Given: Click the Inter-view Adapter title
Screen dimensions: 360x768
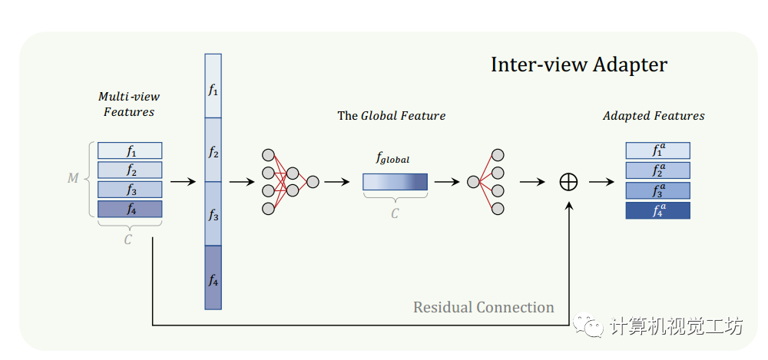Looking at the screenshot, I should [578, 64].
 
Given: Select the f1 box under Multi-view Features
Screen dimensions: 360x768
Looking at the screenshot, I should [130, 150].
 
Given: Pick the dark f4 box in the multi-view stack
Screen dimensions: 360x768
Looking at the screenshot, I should [130, 209].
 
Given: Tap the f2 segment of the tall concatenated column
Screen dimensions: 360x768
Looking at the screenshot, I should [214, 150].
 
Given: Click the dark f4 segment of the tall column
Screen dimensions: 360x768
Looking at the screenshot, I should [214, 278].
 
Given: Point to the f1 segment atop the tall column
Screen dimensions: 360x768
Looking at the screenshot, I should [214, 86].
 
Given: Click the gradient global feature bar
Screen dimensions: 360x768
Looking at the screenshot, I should [395, 182].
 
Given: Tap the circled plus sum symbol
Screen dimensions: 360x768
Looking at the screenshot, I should [568, 182].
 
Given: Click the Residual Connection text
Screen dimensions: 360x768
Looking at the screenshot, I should [483, 308].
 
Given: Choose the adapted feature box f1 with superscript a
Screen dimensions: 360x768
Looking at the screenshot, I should [657, 150].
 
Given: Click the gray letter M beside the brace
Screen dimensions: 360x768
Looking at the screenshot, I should [73, 178].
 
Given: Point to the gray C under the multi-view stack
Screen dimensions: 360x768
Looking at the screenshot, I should [128, 239].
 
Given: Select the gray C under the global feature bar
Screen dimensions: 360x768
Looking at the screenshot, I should [395, 214].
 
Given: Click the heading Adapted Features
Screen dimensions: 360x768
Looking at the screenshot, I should [653, 116].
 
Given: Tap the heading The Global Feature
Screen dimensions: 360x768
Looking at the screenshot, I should [391, 116].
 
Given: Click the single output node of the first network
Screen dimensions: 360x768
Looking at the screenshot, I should [313, 182].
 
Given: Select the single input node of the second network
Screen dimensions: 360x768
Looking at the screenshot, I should [473, 182].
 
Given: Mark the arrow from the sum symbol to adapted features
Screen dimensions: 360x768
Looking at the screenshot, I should [602, 182].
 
